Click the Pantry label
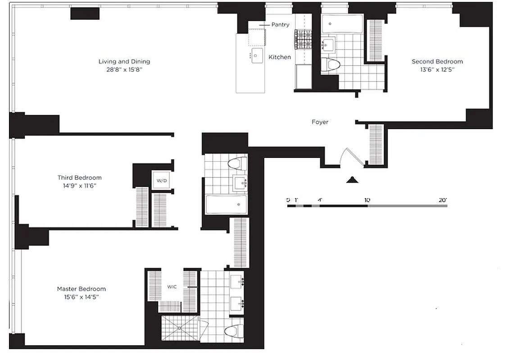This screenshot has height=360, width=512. pyautogui.click(x=280, y=25)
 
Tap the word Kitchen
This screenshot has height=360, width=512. pyautogui.click(x=280, y=57)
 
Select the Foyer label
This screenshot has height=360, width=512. pyautogui.click(x=320, y=122)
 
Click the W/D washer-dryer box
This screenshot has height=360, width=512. pyautogui.click(x=162, y=180)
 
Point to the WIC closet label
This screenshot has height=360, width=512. pyautogui.click(x=172, y=286)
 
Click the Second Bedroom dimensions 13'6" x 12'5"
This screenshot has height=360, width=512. pyautogui.click(x=437, y=70)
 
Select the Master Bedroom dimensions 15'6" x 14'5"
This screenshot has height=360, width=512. pyautogui.click(x=81, y=297)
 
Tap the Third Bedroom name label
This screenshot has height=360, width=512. pyautogui.click(x=79, y=178)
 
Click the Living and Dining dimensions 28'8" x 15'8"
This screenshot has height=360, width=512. pyautogui.click(x=124, y=70)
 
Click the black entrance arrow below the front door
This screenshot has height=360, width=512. pyautogui.click(x=352, y=180)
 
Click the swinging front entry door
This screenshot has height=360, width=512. pyautogui.click(x=348, y=157)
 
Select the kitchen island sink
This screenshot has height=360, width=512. pyautogui.click(x=257, y=56)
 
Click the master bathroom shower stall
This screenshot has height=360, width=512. pyautogui.click(x=179, y=328)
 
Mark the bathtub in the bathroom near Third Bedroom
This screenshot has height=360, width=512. pyautogui.click(x=226, y=204)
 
